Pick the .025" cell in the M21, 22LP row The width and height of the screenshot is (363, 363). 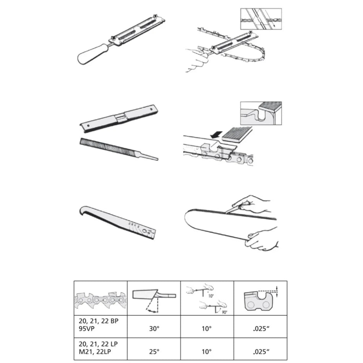[260, 350]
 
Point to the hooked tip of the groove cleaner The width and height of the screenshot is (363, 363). [83, 211]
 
